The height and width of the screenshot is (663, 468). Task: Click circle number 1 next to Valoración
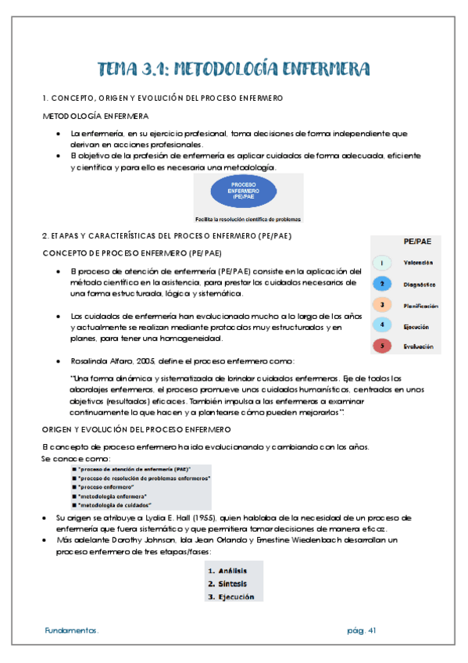click(380, 263)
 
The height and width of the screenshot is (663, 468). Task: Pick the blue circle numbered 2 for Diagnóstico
click(380, 285)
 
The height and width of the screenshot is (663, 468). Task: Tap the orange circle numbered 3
click(380, 305)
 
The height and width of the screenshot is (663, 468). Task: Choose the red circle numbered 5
click(380, 346)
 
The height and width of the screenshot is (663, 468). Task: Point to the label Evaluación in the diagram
click(419, 346)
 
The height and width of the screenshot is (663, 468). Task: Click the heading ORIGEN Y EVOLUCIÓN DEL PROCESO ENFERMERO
click(135, 430)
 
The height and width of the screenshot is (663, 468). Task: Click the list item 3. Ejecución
click(230, 597)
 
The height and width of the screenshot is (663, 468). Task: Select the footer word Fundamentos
click(71, 630)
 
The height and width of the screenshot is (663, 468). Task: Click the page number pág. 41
click(363, 630)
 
